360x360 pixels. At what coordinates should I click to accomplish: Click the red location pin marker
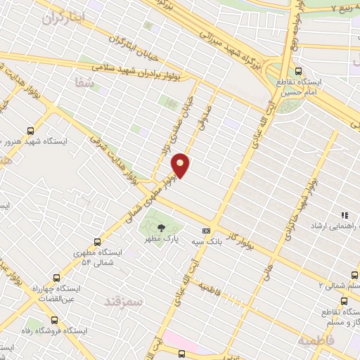point(181,165)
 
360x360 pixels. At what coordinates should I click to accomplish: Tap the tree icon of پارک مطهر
point(162,227)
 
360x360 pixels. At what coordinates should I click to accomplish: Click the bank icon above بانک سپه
point(206,231)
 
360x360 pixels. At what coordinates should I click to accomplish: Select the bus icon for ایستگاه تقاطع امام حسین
point(300,71)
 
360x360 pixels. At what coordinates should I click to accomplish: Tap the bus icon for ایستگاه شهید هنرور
point(30,130)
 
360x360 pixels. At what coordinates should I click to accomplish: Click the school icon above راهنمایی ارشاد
point(345,216)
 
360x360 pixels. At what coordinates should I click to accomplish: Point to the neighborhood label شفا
point(84,83)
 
